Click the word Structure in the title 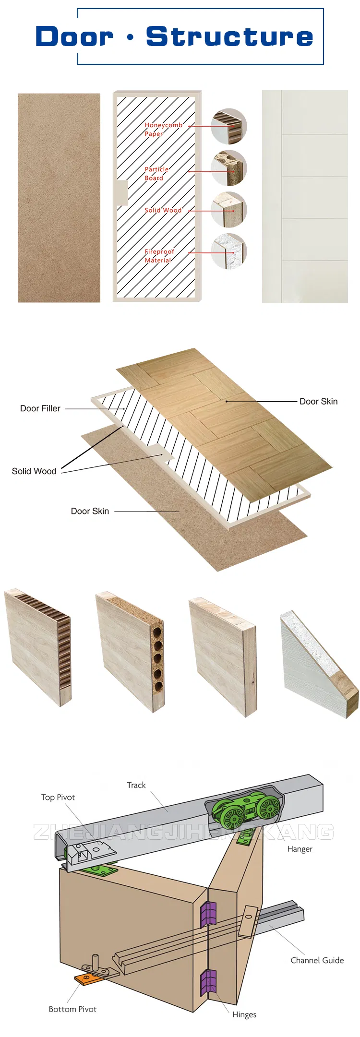[x=229, y=37]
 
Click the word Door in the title [x=74, y=37]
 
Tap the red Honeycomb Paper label [x=163, y=129]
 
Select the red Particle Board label [x=156, y=173]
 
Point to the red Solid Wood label [x=163, y=210]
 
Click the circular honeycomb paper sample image [x=229, y=126]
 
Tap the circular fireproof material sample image [x=229, y=251]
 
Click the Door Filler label [x=40, y=408]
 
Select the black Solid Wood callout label [x=34, y=471]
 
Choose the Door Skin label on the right [x=318, y=402]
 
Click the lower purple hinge [x=208, y=982]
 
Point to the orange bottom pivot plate [x=86, y=979]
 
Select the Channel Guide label [x=317, y=960]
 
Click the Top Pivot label [x=58, y=797]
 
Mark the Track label [x=136, y=785]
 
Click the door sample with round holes [x=130, y=652]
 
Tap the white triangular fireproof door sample [x=317, y=667]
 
